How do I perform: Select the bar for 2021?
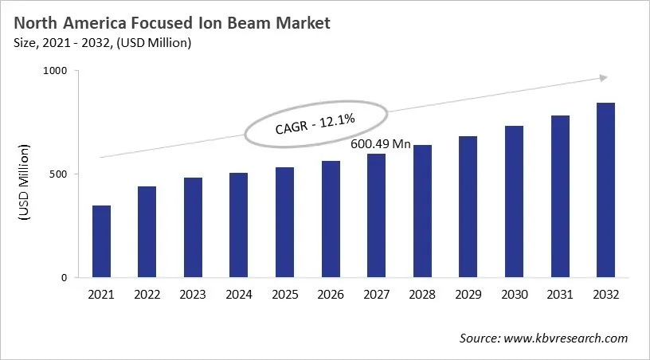(101, 241)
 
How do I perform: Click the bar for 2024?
(239, 225)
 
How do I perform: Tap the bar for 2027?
(377, 216)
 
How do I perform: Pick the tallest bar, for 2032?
(605, 190)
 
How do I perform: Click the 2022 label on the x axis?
(147, 295)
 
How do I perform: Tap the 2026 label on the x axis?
(331, 295)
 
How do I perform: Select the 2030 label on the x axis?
(514, 295)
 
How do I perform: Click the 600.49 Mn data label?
(381, 144)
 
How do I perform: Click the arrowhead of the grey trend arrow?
(604, 78)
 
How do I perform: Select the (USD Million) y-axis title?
(24, 183)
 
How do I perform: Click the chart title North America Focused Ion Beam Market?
(171, 23)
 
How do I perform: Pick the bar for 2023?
(193, 228)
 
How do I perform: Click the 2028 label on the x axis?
(422, 295)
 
